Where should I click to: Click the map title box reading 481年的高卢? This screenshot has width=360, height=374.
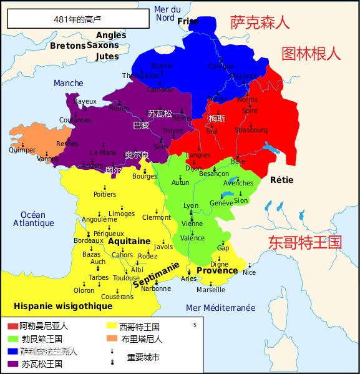click(x=77, y=19)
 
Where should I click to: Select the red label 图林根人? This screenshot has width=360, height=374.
click(x=311, y=53)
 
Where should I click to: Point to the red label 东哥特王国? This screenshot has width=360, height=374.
click(x=305, y=242)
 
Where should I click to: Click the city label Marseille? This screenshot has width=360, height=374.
click(x=211, y=290)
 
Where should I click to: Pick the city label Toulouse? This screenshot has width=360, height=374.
click(x=127, y=278)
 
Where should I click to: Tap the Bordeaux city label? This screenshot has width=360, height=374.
click(x=89, y=240)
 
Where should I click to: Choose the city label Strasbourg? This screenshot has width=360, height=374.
click(x=251, y=130)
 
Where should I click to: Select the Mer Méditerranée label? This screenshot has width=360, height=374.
click(x=220, y=308)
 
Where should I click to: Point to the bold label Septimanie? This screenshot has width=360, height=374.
click(x=157, y=275)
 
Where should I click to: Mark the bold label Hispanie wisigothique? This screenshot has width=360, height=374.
click(x=63, y=306)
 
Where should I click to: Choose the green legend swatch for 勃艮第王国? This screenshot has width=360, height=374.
click(x=12, y=339)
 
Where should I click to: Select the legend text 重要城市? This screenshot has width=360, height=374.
click(x=143, y=358)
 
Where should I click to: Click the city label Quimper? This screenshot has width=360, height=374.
click(x=22, y=150)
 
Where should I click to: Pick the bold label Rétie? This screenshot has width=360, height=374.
click(x=281, y=180)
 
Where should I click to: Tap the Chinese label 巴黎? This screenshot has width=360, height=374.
click(x=142, y=125)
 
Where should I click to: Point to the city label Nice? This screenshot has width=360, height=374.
click(x=249, y=272)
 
